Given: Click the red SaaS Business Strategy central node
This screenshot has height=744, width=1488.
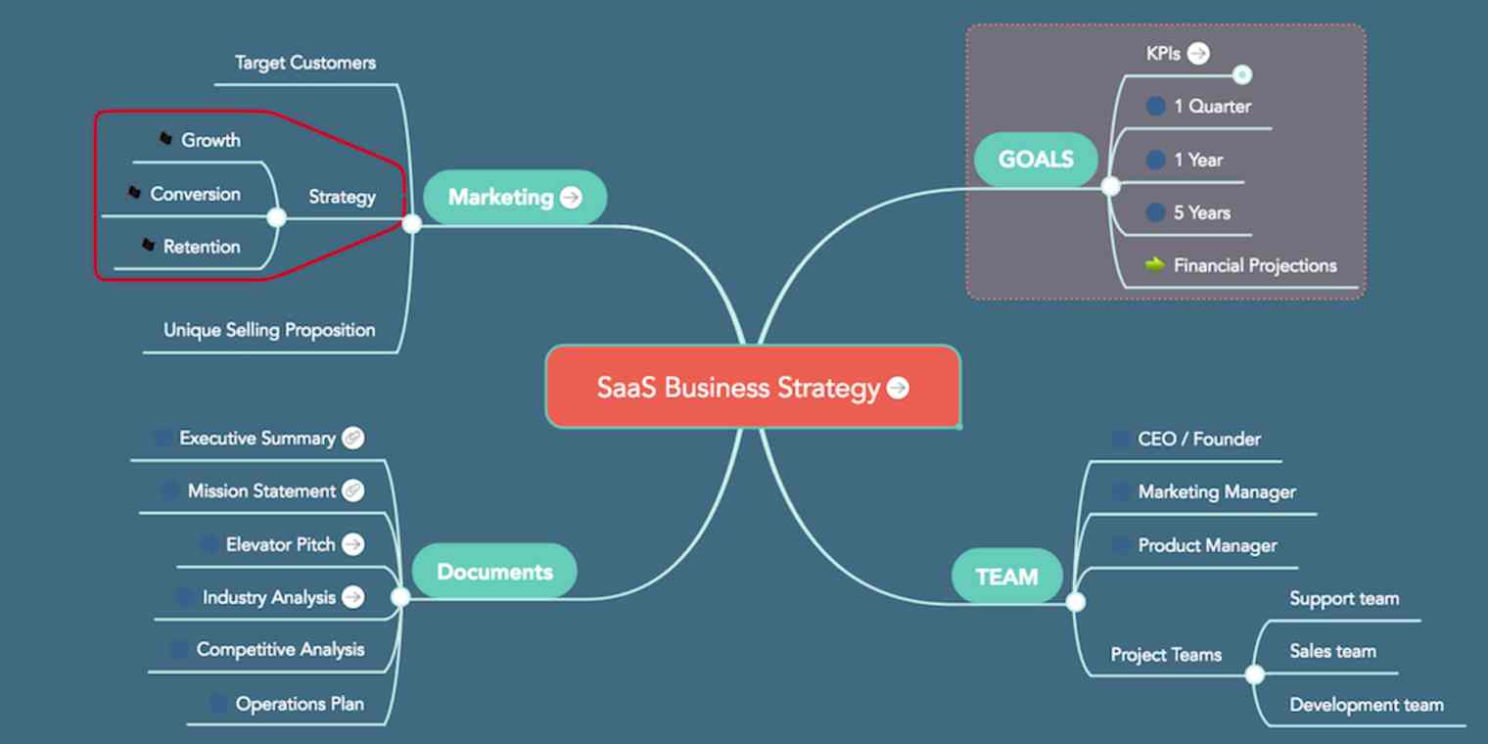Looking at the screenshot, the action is coord(752,388).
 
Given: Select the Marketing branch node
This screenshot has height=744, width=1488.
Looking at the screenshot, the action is coord(501,197).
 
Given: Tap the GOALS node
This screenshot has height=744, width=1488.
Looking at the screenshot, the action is coord(1036,160).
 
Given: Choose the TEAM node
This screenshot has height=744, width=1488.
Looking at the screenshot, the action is coord(1006,577).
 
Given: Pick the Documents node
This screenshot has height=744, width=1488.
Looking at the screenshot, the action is coord(493,572).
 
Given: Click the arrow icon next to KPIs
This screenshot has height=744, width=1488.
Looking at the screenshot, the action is coord(1198,54).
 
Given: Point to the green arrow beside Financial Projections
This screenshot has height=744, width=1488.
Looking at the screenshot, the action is coord(1155,264).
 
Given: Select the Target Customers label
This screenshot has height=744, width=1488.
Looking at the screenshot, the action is coord(305,63).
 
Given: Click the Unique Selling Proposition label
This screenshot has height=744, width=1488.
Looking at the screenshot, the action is coord(269,330).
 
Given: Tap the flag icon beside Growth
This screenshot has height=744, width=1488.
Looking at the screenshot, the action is coord(165,139).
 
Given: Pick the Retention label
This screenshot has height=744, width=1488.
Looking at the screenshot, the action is coord(202,247).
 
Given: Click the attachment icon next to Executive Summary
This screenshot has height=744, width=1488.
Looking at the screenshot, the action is coord(353,438).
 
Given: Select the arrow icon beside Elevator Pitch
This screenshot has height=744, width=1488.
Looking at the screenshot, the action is coord(353,544).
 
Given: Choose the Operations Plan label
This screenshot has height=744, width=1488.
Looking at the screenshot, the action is coord(300,704).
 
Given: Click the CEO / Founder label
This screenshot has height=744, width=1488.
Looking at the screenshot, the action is coord(1199,439).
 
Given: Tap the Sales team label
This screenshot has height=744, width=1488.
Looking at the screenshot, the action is coord(1332,651).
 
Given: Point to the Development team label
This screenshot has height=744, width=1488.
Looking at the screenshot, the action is coord(1366,705).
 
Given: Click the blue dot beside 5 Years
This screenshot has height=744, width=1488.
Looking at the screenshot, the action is coord(1156,212).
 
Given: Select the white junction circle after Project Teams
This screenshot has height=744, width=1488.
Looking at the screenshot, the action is coord(1254,674).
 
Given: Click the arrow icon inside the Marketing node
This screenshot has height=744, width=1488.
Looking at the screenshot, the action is coord(570,198).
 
